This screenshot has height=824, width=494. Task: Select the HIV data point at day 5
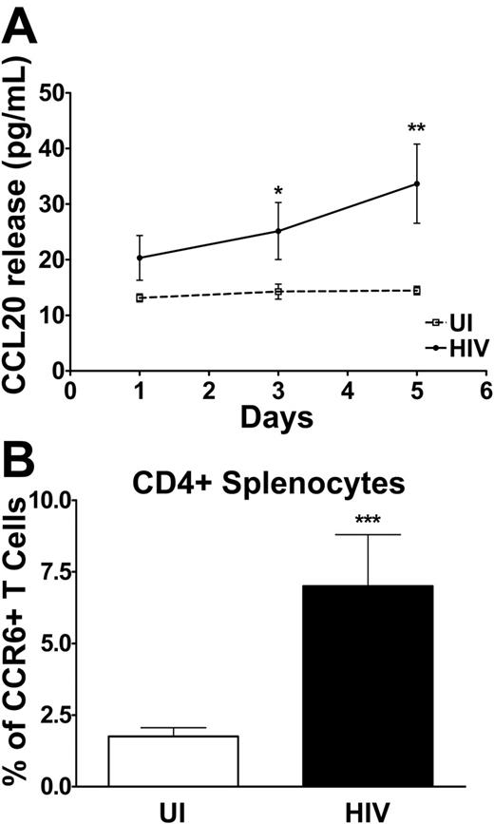pos(416,183)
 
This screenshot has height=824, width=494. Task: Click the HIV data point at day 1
pos(140,258)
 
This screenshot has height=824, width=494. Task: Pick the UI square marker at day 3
pos(278,291)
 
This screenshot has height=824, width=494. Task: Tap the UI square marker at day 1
pos(140,297)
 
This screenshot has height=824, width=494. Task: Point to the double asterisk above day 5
pos(416,128)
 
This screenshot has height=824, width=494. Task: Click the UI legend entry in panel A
pos(447,323)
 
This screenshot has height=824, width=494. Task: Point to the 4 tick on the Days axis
pos(348,391)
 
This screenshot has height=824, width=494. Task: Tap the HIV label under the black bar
pos(366,811)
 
